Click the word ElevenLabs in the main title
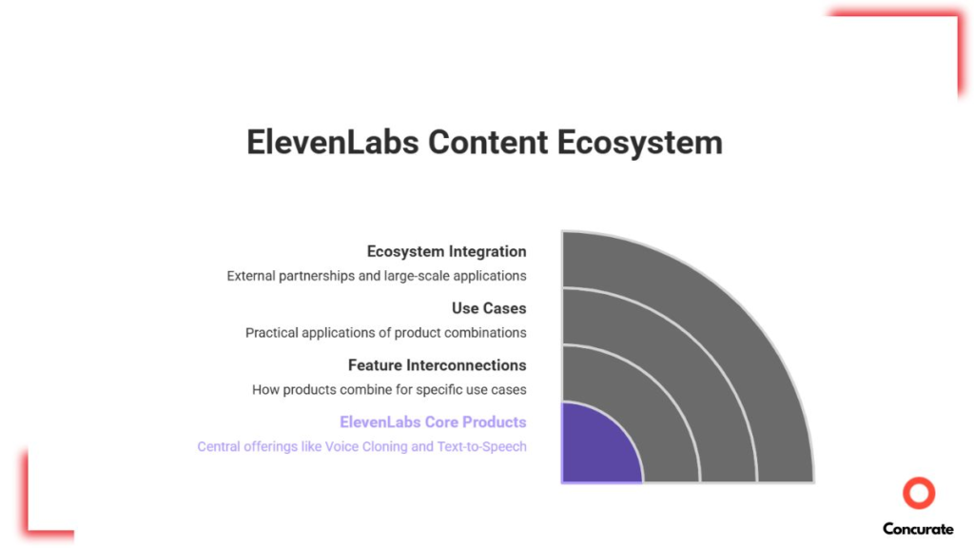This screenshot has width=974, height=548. point(332,143)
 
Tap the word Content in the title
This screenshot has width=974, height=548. point(488,143)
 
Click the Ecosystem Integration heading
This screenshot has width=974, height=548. point(446,251)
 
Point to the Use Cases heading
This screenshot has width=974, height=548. point(489,308)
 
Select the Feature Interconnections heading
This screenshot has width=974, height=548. point(437,365)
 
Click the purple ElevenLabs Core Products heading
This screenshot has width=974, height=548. point(433,422)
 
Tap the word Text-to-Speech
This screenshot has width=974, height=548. point(481,447)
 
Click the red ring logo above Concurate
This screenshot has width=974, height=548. point(919,494)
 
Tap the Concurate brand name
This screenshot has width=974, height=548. point(918,529)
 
